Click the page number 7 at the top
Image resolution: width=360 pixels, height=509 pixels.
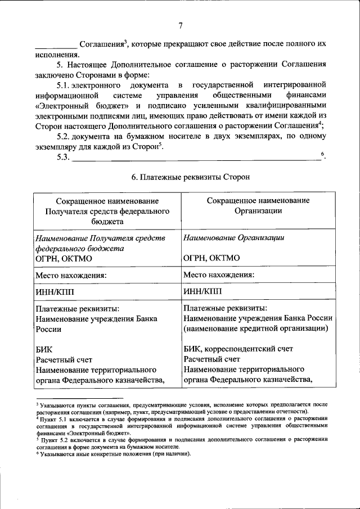181,25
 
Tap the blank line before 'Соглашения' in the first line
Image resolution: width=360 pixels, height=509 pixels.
56,46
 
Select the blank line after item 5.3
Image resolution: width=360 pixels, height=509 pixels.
197,159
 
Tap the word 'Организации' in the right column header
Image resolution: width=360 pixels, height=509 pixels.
258,211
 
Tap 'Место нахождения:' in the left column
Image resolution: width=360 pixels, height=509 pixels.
71,276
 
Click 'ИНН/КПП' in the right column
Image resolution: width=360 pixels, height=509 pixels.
203,291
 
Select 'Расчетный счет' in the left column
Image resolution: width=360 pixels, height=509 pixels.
64,359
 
